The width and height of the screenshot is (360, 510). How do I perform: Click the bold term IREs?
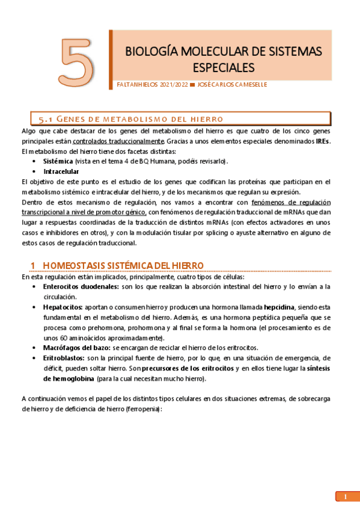322,141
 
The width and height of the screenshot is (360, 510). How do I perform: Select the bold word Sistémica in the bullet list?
58,162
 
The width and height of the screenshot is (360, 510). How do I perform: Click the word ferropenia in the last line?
145,408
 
